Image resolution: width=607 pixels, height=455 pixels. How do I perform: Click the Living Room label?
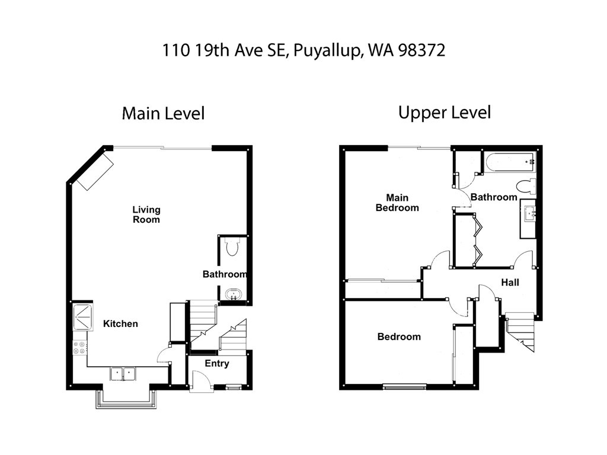click(x=146, y=214)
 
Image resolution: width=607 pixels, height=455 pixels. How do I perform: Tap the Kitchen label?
click(x=120, y=324)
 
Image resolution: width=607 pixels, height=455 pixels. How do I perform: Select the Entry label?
click(x=217, y=363)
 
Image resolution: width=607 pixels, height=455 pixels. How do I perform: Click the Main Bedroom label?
click(x=397, y=203)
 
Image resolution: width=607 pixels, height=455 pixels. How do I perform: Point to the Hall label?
click(x=510, y=283)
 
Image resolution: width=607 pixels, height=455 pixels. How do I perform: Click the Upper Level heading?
click(x=445, y=113)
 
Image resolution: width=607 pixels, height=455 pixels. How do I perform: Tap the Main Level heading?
click(x=163, y=113)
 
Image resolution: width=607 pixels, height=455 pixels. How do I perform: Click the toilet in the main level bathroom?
click(x=232, y=247)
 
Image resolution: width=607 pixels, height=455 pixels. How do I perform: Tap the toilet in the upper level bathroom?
click(x=526, y=186)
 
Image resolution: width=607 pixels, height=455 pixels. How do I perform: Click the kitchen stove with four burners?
click(x=79, y=347)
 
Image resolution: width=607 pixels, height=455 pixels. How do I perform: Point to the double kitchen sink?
click(x=123, y=374)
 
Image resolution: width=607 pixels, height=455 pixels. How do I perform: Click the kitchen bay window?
click(x=126, y=399)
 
